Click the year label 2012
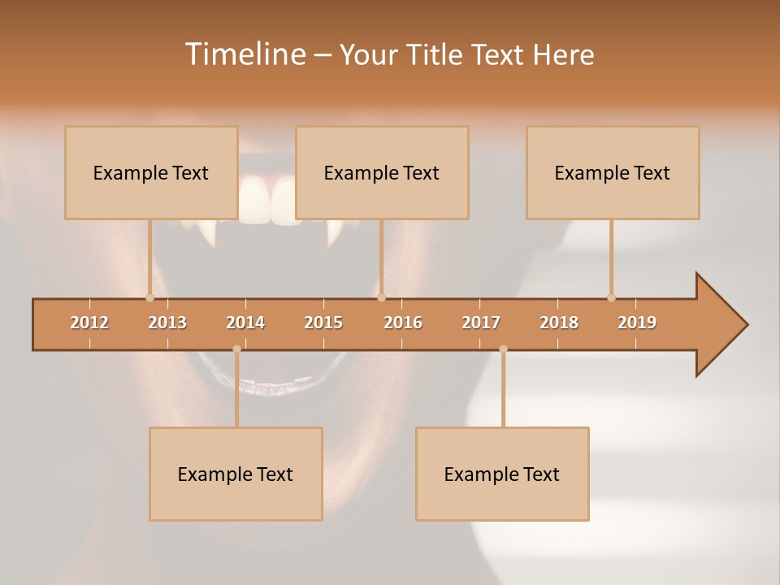(x=89, y=323)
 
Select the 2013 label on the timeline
(x=167, y=323)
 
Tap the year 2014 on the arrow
(x=245, y=323)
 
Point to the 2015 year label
(x=323, y=323)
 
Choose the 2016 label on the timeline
(x=403, y=323)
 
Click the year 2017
(x=481, y=323)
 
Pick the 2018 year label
(x=559, y=323)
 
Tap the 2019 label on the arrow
(x=637, y=323)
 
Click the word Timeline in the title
(x=245, y=54)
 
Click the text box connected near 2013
(x=151, y=172)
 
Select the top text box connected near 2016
(x=382, y=172)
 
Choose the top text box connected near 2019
(x=613, y=172)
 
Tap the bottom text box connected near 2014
(x=236, y=474)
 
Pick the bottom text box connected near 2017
(x=502, y=474)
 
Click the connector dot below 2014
(x=236, y=349)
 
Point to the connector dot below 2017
(x=503, y=349)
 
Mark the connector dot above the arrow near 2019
(x=611, y=297)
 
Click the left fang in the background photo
(x=210, y=234)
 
